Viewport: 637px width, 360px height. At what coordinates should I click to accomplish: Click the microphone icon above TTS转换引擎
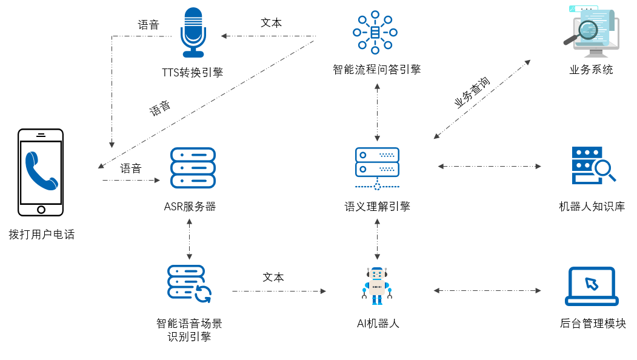(193, 32)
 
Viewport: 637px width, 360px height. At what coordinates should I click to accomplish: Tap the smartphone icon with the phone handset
(41, 172)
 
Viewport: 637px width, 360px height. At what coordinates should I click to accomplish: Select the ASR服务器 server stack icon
(193, 167)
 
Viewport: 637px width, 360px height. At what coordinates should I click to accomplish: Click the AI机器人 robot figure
(377, 285)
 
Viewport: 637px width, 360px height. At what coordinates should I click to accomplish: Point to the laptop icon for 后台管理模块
(592, 286)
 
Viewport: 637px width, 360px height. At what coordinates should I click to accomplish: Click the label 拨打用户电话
(42, 235)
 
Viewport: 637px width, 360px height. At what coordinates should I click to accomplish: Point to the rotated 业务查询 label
(472, 93)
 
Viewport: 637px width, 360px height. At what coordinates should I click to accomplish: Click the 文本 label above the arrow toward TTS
(271, 23)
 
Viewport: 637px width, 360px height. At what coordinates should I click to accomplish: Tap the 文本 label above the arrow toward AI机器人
(273, 278)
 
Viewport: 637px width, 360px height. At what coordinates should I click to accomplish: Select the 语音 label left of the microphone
(148, 25)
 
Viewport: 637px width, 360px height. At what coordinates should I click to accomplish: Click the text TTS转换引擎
(192, 73)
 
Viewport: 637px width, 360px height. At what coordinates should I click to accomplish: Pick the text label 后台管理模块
(593, 324)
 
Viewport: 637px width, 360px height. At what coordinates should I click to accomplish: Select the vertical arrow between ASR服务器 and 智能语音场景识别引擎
(190, 239)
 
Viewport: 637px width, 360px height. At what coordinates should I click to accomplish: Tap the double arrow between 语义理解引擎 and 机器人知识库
(490, 166)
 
